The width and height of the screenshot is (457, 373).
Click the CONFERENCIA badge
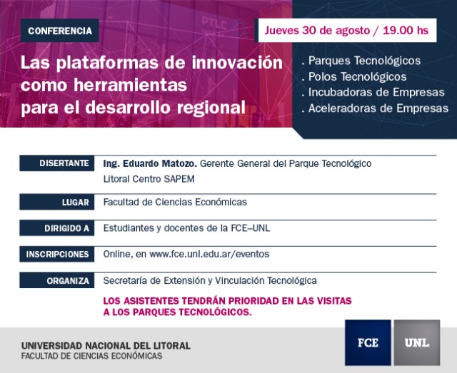click(60, 31)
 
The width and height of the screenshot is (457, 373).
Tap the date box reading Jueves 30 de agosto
click(347, 30)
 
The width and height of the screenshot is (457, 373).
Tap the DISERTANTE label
click(57, 163)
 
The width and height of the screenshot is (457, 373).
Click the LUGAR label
click(57, 202)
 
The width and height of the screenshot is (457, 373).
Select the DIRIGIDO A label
click(57, 228)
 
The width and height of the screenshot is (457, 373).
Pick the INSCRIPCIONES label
click(57, 254)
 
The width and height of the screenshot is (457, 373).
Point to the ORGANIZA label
click(57, 280)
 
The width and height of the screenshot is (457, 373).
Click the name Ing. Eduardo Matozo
click(150, 163)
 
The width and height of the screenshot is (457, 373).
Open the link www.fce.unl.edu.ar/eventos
click(209, 254)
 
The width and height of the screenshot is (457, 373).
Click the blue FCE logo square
click(368, 343)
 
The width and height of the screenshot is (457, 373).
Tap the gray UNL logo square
click(417, 343)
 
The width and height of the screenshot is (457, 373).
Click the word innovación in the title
click(237, 63)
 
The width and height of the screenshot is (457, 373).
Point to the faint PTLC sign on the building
click(214, 24)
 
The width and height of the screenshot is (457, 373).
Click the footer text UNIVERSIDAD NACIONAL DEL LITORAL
click(106, 346)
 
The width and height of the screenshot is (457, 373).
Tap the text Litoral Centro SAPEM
click(149, 179)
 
